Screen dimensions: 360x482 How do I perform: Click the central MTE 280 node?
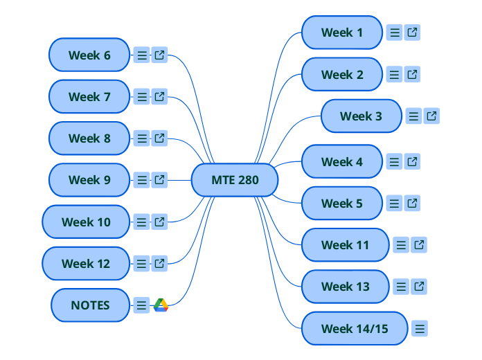(x=235, y=181)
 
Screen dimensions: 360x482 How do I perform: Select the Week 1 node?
(x=342, y=33)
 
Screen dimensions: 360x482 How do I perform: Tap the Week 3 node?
(x=361, y=116)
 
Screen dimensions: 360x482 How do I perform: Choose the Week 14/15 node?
(x=355, y=328)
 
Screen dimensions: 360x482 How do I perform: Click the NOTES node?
(x=90, y=305)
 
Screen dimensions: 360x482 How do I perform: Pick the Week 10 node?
(x=86, y=222)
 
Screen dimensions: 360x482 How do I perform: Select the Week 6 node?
(x=89, y=55)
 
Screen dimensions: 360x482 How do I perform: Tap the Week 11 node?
(x=345, y=245)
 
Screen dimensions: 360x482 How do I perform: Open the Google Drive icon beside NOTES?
(x=161, y=305)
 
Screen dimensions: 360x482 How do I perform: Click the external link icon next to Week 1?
(x=412, y=33)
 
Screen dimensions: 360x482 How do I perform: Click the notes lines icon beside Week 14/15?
(x=420, y=328)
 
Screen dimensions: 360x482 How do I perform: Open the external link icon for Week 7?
(x=159, y=97)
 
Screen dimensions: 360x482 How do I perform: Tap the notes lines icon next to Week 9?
(x=141, y=180)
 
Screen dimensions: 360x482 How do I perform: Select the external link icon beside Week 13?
(x=419, y=286)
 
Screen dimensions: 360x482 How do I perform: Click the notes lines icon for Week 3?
(x=413, y=116)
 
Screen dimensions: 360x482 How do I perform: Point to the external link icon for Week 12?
(x=159, y=263)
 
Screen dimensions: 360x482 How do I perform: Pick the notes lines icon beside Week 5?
(x=394, y=204)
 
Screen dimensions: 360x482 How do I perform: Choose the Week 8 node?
(x=89, y=138)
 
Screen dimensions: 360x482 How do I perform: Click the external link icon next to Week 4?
(x=412, y=161)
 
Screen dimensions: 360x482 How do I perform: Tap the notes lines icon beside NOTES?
(x=141, y=305)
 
